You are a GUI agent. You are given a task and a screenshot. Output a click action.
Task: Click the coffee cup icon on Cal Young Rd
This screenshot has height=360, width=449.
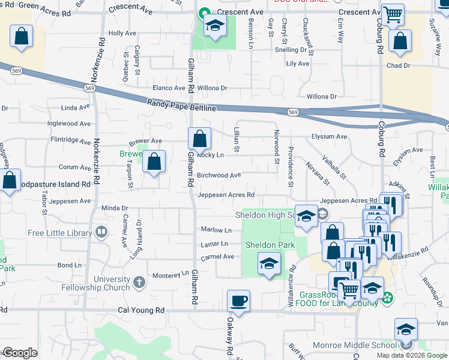(x=239, y=301)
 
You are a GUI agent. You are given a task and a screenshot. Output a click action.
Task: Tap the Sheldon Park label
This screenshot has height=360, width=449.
(x=270, y=245)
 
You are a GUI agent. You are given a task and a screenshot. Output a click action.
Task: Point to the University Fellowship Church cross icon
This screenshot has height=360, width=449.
(x=139, y=281)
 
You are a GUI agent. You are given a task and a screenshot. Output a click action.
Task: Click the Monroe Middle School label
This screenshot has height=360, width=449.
(x=354, y=345)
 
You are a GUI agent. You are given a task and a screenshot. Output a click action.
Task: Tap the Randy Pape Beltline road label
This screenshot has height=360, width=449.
(x=181, y=106)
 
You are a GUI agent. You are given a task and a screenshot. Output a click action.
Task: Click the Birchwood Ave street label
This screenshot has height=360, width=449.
(x=218, y=175)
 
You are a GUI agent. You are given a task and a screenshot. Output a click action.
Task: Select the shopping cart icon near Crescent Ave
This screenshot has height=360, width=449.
(x=393, y=14)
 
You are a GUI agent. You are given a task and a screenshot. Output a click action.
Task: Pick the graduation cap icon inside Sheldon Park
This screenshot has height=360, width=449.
(x=269, y=263)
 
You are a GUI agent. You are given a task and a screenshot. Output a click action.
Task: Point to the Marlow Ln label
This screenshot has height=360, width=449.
(x=216, y=230)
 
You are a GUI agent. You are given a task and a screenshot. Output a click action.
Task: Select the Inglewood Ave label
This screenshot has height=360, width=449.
(x=69, y=124)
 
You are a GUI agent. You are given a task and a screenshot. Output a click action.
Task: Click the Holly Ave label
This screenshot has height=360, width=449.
(x=122, y=34)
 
